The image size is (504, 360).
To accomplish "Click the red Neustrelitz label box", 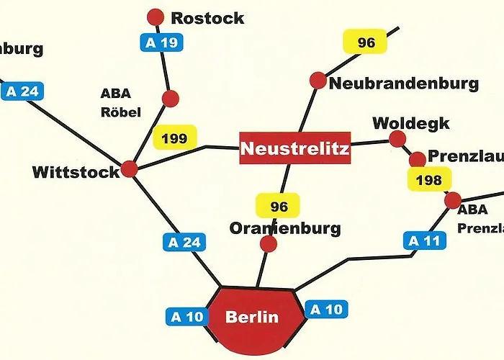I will pyautogui.click(x=294, y=149).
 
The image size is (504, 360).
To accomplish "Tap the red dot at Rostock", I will pyautogui.click(x=156, y=17).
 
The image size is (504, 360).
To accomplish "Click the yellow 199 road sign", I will pyautogui.click(x=175, y=138).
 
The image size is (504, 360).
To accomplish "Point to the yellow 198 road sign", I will pyautogui.click(x=429, y=179).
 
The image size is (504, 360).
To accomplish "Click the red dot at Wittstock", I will pyautogui.click(x=130, y=168).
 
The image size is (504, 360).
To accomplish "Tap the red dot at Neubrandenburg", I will pyautogui.click(x=318, y=81).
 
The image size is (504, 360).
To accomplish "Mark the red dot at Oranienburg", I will pyautogui.click(x=268, y=244).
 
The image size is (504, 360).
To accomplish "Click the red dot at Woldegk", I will pyautogui.click(x=397, y=138).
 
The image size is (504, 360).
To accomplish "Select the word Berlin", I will pyautogui.click(x=251, y=317).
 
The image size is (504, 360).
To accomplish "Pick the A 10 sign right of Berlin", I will pyautogui.click(x=325, y=310).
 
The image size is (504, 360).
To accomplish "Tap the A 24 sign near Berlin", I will pyautogui.click(x=184, y=242).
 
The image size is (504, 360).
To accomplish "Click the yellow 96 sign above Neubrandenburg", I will pyautogui.click(x=366, y=42).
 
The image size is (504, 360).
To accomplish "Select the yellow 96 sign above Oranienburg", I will pyautogui.click(x=279, y=207).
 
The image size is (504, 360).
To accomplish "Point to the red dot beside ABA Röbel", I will pyautogui.click(x=171, y=99).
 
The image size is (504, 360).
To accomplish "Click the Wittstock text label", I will pyautogui.click(x=76, y=172).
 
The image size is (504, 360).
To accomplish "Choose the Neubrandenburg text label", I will pyautogui.click(x=403, y=84).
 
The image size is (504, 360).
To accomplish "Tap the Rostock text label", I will pyautogui.click(x=208, y=18).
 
